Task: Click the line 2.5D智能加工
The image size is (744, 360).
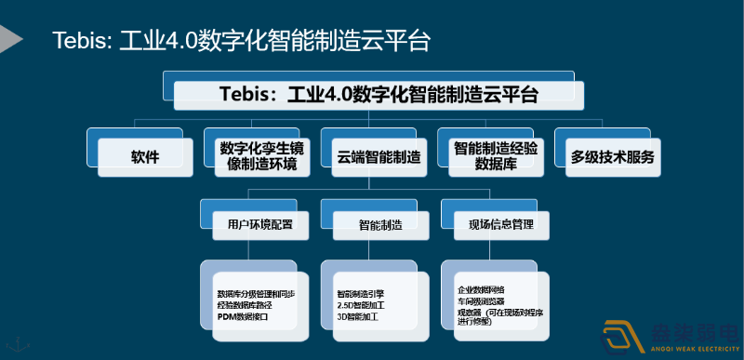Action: (x=364, y=305)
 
